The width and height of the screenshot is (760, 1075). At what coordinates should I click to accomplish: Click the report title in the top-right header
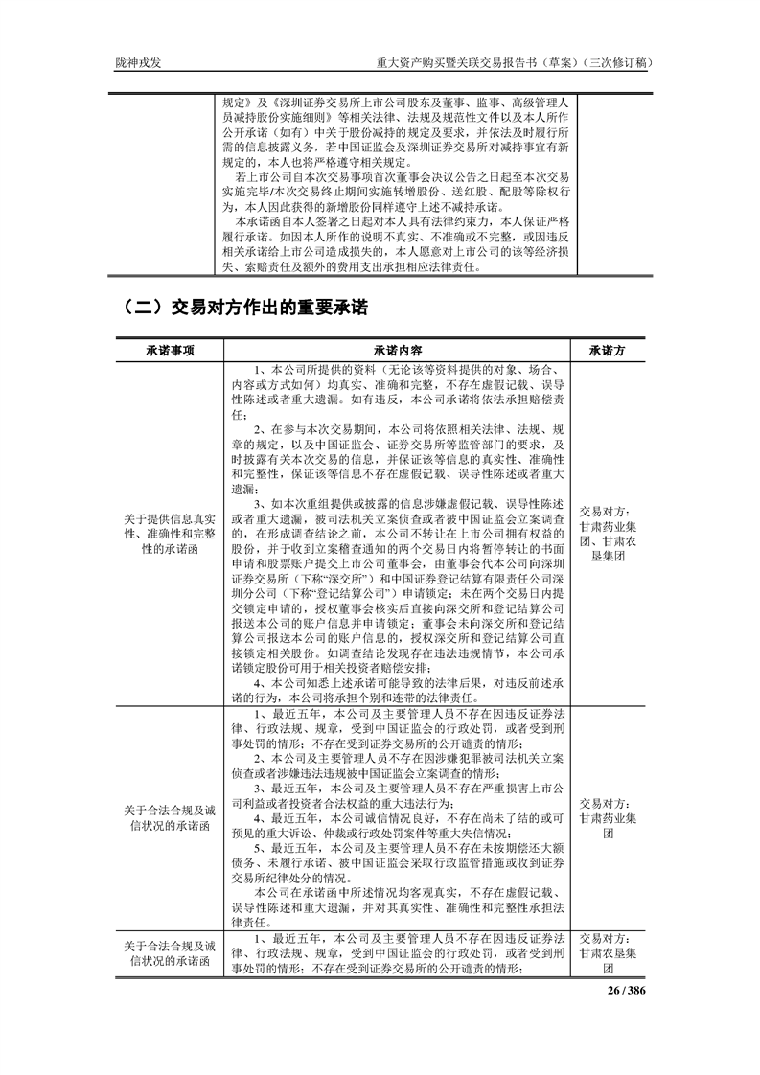[x=517, y=63]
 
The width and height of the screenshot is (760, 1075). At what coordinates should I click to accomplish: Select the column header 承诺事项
[x=171, y=351]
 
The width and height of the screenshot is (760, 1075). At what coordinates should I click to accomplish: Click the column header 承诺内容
[x=398, y=351]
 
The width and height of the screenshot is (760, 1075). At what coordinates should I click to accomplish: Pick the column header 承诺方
[x=609, y=351]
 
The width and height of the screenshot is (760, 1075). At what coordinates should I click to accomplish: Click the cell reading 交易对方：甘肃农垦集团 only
[x=609, y=953]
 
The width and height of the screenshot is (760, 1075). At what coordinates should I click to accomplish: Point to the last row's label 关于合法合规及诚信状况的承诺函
[x=171, y=953]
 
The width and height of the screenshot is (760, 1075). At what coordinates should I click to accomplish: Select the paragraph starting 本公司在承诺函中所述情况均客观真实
[x=398, y=903]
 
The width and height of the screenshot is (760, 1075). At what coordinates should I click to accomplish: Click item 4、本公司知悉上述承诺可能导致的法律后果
[x=398, y=697]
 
